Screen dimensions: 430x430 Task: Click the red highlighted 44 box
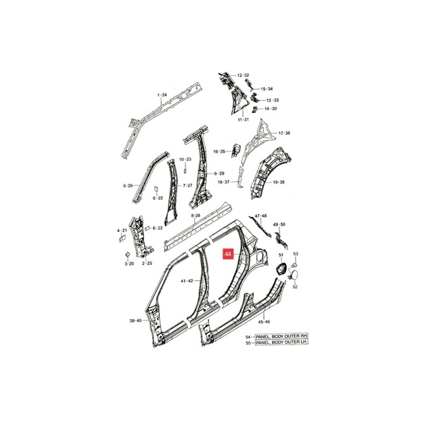(228, 254)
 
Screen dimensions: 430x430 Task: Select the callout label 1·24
(162, 95)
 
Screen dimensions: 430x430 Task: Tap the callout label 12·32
(243, 75)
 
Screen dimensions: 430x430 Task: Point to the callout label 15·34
(267, 89)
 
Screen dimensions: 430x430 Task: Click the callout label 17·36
(284, 133)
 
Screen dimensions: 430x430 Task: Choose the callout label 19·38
(279, 182)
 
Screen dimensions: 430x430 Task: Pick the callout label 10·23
(185, 160)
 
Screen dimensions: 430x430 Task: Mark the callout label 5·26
(128, 186)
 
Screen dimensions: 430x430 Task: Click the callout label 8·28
(196, 215)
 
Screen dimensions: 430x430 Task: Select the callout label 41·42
(186, 281)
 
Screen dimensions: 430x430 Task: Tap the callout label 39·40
(135, 321)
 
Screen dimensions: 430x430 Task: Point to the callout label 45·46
(264, 322)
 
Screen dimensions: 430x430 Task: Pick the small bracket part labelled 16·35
(237, 149)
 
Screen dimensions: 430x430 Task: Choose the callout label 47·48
(261, 216)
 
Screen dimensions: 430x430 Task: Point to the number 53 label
(295, 254)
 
